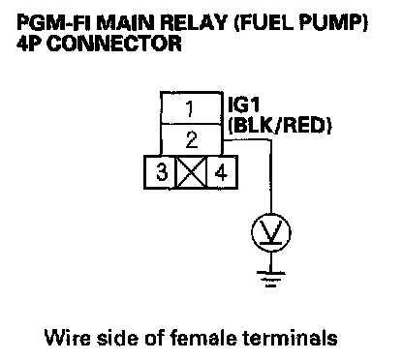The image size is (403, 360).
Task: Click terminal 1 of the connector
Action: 191,107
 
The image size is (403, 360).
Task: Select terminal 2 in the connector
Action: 191,139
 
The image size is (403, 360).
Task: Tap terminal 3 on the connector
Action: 160,172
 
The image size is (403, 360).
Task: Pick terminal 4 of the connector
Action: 222,172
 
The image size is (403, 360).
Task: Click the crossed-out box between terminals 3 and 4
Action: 191,172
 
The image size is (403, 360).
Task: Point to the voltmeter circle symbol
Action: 271,232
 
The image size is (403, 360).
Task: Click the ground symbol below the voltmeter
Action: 271,279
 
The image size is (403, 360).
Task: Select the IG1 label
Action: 244,105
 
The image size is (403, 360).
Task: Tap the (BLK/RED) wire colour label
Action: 280,125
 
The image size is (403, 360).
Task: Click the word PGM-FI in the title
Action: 54,23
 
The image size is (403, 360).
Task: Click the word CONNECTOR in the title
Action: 114,44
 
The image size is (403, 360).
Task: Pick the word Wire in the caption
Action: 67,338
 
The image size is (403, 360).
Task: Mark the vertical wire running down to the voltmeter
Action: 271,176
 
